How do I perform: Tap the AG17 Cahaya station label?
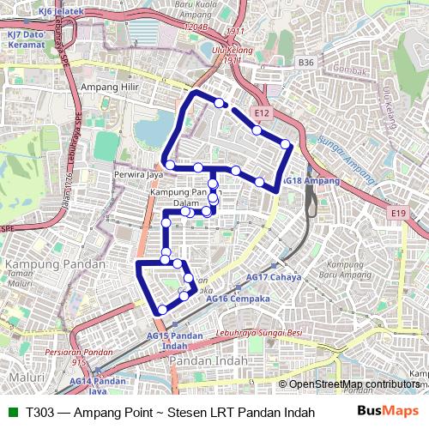coord(274,278)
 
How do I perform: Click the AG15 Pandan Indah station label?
coord(169,340)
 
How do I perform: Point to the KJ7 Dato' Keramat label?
coord(26,39)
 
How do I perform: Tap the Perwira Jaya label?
coord(138,174)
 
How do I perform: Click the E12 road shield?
coord(263,113)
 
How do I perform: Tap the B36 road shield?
coord(306,63)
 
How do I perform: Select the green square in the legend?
coord(12,411)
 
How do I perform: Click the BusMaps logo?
coord(383,411)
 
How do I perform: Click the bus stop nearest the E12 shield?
coord(257,130)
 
